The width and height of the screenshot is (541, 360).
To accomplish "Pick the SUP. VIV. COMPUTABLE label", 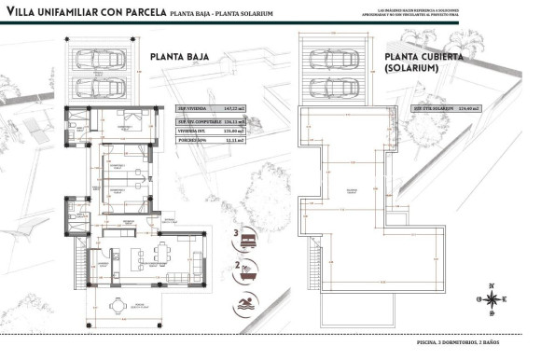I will coord(198,121).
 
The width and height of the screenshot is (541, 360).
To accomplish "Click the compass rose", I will coord(490,298).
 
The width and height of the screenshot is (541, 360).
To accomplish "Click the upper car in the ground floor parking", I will coord(100,58).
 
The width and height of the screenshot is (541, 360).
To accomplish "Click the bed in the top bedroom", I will coord(122,126).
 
